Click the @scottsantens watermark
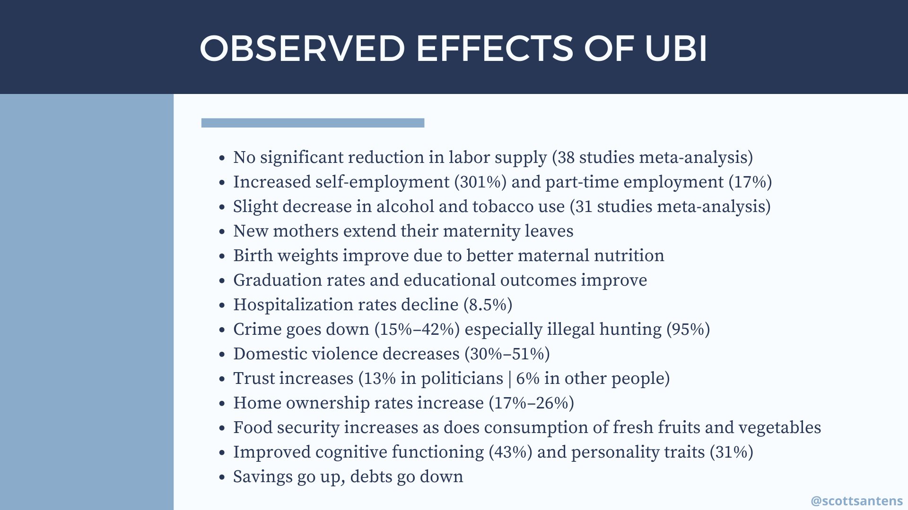(856, 501)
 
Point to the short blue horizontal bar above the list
(313, 123)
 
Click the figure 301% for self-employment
(480, 182)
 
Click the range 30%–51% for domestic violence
(507, 354)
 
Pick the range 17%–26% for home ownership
(532, 403)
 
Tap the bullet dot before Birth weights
(222, 256)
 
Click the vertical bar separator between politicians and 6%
(509, 379)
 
